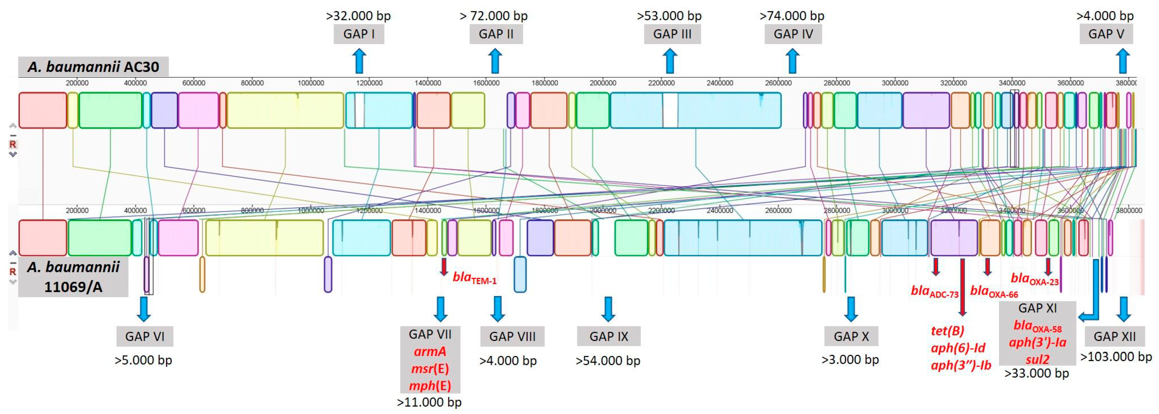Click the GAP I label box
click(359, 34)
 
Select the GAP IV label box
click(793, 34)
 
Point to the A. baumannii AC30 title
click(93, 67)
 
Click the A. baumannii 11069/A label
click(73, 277)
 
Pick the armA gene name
click(430, 351)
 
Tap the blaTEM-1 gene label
click(474, 278)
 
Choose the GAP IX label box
click(608, 336)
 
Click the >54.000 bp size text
click(608, 361)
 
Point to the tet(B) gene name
click(947, 331)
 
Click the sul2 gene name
click(1037, 359)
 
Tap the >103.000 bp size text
click(1116, 357)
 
